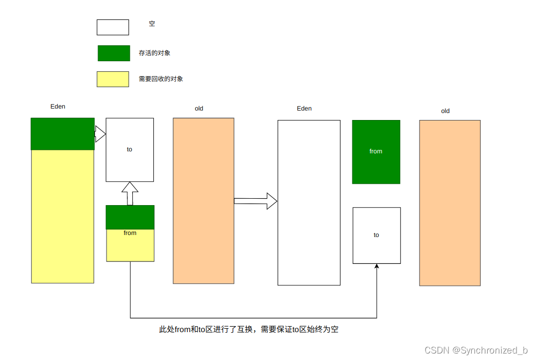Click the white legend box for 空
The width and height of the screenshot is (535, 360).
112,27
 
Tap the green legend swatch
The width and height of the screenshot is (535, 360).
113,53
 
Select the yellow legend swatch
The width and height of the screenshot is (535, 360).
112,79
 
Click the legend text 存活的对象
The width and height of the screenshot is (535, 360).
154,53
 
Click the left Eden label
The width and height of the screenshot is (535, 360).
58,107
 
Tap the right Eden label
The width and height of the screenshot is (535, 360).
304,109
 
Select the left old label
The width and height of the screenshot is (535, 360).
199,109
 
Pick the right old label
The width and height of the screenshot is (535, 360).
445,111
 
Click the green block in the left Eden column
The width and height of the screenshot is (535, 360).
63,134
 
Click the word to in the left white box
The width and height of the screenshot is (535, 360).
129,149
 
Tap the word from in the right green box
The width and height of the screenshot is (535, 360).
376,151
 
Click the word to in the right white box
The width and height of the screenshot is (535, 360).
376,235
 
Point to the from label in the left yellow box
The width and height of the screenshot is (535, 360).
130,233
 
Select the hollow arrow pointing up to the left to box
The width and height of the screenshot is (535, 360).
130,193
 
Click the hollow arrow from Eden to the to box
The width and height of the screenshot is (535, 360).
100,133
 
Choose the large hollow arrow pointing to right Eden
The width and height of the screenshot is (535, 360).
256,201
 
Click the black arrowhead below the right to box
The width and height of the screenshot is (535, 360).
377,267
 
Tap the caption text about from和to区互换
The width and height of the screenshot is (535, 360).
248,330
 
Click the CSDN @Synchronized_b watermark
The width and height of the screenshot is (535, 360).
476,351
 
